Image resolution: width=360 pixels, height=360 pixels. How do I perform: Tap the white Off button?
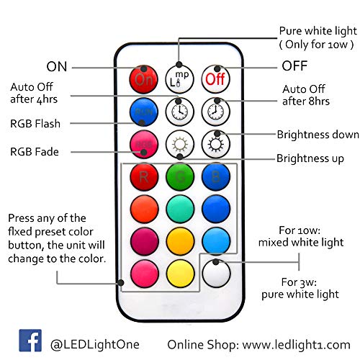pos(215,79)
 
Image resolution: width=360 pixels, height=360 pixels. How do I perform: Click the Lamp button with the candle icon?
pos(179,79)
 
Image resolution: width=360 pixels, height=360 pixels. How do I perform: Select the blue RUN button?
pos(144,112)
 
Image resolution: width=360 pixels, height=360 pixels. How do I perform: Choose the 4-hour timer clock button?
pos(179,112)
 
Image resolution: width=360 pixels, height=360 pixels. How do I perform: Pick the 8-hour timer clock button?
pos(215,112)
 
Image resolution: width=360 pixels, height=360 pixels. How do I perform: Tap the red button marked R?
pos(144,177)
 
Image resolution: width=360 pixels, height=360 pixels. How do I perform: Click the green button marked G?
pos(180,177)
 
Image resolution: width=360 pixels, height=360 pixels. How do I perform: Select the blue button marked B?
pos(216,177)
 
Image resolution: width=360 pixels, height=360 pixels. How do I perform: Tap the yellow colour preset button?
pos(180,274)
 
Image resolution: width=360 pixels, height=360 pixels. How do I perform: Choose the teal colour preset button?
pos(180,209)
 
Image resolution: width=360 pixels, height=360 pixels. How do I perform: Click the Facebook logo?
pos(30,341)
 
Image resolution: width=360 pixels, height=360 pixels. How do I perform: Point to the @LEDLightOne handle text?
pos(95,345)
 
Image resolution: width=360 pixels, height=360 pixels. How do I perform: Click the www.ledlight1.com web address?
pos(296,345)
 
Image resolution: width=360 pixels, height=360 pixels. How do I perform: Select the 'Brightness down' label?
pos(318,135)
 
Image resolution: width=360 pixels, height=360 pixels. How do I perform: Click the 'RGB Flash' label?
pos(35,124)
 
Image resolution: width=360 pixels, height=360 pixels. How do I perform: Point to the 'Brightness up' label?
pos(310,158)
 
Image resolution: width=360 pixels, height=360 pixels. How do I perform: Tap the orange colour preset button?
pos(144,209)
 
